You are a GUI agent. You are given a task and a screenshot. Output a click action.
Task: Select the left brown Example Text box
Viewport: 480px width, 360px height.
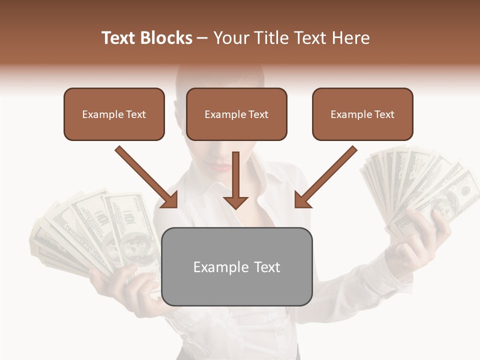114,114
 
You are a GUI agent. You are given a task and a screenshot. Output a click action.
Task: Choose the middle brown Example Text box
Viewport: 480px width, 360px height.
236,114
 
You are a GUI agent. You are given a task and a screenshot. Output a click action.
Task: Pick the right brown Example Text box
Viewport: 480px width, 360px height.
362,114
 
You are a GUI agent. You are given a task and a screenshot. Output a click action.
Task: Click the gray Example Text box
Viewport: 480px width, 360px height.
237,266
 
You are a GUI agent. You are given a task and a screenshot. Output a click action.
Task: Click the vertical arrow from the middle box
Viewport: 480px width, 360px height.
235,180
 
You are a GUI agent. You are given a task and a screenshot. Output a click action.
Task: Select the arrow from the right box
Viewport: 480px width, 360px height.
326,176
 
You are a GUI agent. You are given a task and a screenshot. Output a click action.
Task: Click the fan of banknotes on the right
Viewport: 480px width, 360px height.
420,185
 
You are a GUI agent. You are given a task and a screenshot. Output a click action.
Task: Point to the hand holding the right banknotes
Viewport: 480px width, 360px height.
425,235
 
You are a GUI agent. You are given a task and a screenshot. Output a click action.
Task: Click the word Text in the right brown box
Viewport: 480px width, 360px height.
384,114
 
